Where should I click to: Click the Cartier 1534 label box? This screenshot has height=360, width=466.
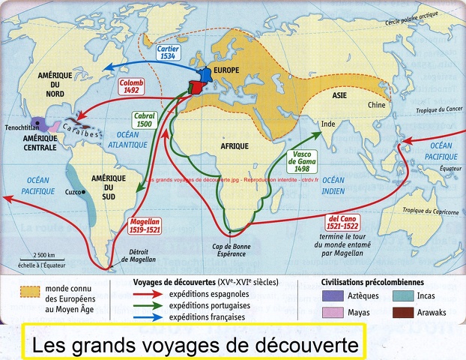point(168,52)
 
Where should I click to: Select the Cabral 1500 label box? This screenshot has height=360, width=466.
point(144,120)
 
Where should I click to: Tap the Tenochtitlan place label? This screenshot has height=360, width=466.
point(26,127)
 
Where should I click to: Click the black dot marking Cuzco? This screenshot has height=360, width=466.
point(84,192)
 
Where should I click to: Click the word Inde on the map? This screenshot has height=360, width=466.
point(328,123)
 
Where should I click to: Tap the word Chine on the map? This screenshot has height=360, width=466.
point(376,105)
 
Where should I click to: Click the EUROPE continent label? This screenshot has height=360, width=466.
point(227,70)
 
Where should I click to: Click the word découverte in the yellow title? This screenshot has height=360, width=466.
point(302,346)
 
